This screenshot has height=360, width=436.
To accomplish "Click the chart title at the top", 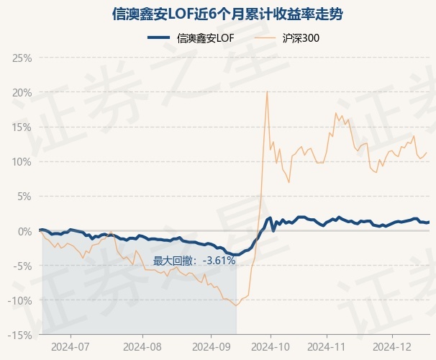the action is click(x=227, y=14).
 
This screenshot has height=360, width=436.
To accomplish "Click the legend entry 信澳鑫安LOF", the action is click(x=191, y=38).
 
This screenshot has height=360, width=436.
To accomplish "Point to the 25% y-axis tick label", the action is click(x=22, y=58).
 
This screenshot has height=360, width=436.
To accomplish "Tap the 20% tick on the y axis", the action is click(x=22, y=93).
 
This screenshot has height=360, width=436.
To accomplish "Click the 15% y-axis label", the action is click(x=22, y=127).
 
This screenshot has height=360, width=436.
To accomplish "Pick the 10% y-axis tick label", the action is click(x=22, y=162).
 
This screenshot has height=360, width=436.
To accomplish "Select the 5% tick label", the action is click(x=24, y=197).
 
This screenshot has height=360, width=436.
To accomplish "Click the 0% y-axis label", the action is click(x=24, y=231).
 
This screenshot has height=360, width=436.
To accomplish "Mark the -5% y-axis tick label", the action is click(x=22, y=266).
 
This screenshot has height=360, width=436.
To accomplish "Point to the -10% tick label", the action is click(x=19, y=301).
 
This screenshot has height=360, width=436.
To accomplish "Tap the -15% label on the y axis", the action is click(x=19, y=336).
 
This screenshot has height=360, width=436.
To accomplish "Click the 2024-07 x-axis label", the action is click(x=71, y=347).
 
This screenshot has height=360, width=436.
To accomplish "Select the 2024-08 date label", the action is click(x=142, y=347).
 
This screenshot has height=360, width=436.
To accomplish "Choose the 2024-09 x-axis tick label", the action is click(x=212, y=347).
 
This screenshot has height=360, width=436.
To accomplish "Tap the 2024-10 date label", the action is click(x=271, y=347).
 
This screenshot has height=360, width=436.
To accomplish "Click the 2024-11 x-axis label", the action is click(x=327, y=347).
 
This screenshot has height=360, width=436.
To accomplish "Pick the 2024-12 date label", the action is click(x=392, y=347).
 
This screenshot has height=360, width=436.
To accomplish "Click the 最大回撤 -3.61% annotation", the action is click(x=194, y=261).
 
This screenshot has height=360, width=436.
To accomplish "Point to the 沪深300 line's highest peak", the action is click(x=267, y=91).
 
